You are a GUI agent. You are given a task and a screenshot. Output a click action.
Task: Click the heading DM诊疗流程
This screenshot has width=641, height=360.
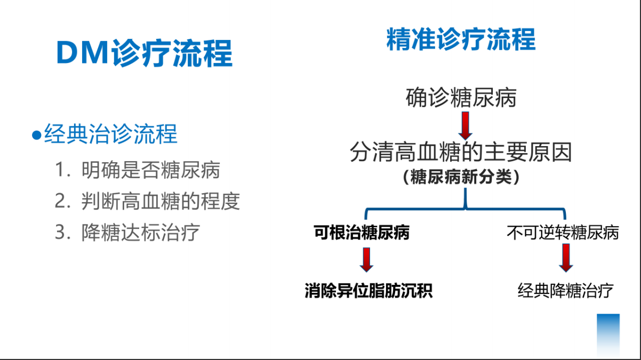tap(145, 53)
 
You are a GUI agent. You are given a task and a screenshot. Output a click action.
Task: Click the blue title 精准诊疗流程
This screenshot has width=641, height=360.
tap(461, 39)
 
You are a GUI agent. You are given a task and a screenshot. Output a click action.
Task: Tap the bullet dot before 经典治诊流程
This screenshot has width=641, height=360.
tap(37, 135)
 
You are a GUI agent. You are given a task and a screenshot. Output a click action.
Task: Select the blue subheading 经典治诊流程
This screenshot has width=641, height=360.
tap(111, 134)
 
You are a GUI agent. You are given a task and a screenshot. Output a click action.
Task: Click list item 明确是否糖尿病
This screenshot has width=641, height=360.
tap(151, 170)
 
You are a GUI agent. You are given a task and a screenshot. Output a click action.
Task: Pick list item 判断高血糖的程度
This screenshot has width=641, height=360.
tap(161, 201)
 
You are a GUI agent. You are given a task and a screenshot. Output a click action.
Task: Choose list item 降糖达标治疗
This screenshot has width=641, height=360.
tap(141, 233)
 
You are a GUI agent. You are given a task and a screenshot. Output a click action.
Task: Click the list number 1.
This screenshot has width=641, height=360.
tap(61, 170)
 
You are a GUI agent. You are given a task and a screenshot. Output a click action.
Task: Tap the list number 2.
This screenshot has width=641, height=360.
tap(61, 201)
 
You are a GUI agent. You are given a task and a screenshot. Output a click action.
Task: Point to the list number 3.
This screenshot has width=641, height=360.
tap(61, 232)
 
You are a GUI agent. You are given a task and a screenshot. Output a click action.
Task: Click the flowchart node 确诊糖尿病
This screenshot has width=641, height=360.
tap(461, 98)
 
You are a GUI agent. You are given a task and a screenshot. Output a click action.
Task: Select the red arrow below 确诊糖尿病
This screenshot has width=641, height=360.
tap(466, 126)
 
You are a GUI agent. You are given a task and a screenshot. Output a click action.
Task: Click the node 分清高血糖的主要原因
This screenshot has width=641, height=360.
tap(461, 151)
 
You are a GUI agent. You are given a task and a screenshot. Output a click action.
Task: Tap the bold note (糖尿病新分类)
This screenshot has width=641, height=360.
tap(461, 177)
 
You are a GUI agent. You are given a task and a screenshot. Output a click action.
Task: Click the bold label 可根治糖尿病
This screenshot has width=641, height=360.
tap(362, 232)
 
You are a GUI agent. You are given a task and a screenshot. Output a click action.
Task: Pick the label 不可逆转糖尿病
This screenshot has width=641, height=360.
tap(563, 233)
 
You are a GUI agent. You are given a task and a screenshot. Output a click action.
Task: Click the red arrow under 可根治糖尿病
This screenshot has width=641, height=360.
tap(366, 260)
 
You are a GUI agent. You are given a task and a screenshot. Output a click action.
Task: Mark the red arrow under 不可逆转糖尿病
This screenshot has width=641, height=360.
tap(566, 258)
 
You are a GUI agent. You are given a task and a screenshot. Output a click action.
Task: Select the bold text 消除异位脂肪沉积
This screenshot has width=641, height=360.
tap(368, 291)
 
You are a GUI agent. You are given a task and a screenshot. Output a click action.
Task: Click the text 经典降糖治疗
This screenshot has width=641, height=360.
tap(565, 291)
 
